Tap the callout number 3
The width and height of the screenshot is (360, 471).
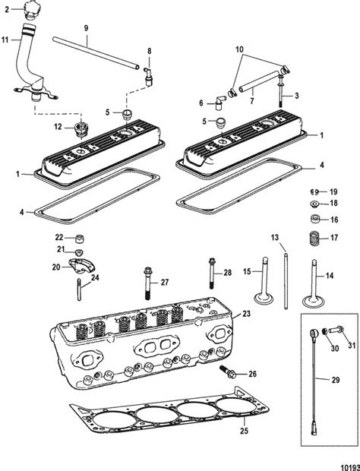click(x=296, y=95)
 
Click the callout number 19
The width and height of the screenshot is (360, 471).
click(x=333, y=191)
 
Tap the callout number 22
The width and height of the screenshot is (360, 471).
click(x=58, y=237)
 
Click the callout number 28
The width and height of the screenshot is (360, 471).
click(x=228, y=273)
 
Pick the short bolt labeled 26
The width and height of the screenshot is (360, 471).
click(x=228, y=372)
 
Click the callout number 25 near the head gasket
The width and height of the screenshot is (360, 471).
click(x=201, y=432)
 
